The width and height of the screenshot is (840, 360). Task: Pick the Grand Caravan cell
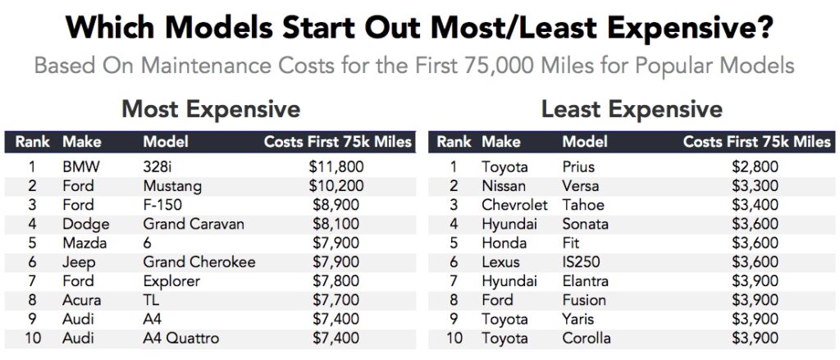coord(194,224)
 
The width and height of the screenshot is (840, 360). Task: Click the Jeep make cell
coord(79,262)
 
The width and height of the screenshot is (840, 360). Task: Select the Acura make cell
coord(82,300)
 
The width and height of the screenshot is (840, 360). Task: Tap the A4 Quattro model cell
coord(181,338)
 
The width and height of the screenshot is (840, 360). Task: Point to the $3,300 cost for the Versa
coord(755,186)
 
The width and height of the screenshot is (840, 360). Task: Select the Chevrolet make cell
coord(514,205)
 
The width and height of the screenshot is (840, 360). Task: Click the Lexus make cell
coord(501,262)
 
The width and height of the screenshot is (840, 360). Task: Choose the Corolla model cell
coord(587,338)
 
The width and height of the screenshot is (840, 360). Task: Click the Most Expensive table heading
coord(211,109)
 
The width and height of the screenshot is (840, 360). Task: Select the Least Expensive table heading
coord(632,109)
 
